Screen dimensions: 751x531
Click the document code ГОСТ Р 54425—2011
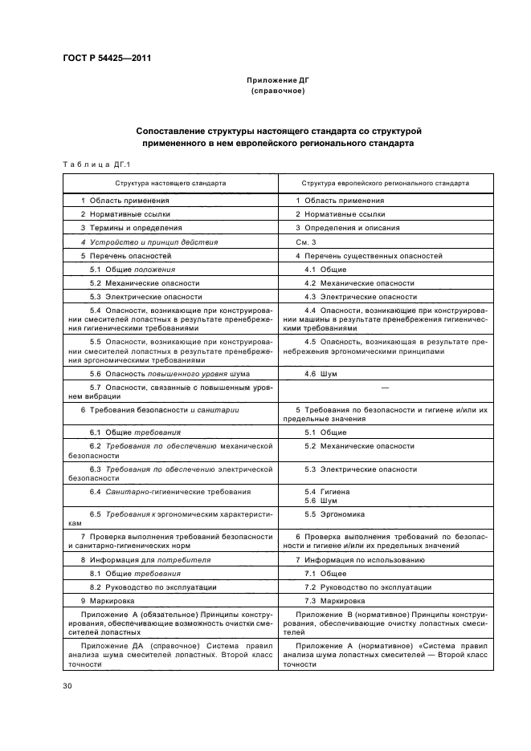tap(107, 59)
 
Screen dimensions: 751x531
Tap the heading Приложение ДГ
tap(277, 82)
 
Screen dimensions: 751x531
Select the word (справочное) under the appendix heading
tap(277, 91)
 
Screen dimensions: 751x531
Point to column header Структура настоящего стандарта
tap(170, 183)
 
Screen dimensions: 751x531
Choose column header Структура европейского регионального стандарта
tap(385, 183)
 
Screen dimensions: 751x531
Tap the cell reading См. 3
tap(307, 242)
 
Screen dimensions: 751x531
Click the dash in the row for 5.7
tap(385, 388)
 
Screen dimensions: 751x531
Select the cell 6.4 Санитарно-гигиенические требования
tap(170, 491)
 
